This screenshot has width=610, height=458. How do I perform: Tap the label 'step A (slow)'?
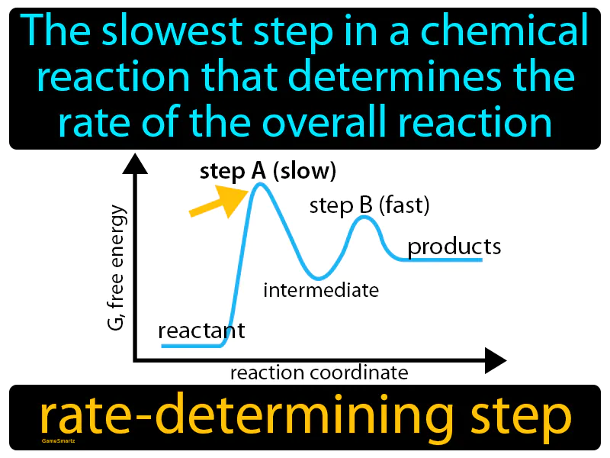point(268,172)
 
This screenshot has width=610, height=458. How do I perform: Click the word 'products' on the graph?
point(454,247)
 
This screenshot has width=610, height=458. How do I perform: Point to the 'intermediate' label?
point(321,290)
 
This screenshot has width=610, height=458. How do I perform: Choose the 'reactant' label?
point(201,331)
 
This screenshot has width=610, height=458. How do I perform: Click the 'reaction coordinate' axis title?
point(319,373)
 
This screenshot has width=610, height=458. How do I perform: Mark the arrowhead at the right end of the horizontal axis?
point(496,360)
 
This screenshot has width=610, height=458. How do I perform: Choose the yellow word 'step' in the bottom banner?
point(521,418)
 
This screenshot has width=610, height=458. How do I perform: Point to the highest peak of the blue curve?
point(260,184)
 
